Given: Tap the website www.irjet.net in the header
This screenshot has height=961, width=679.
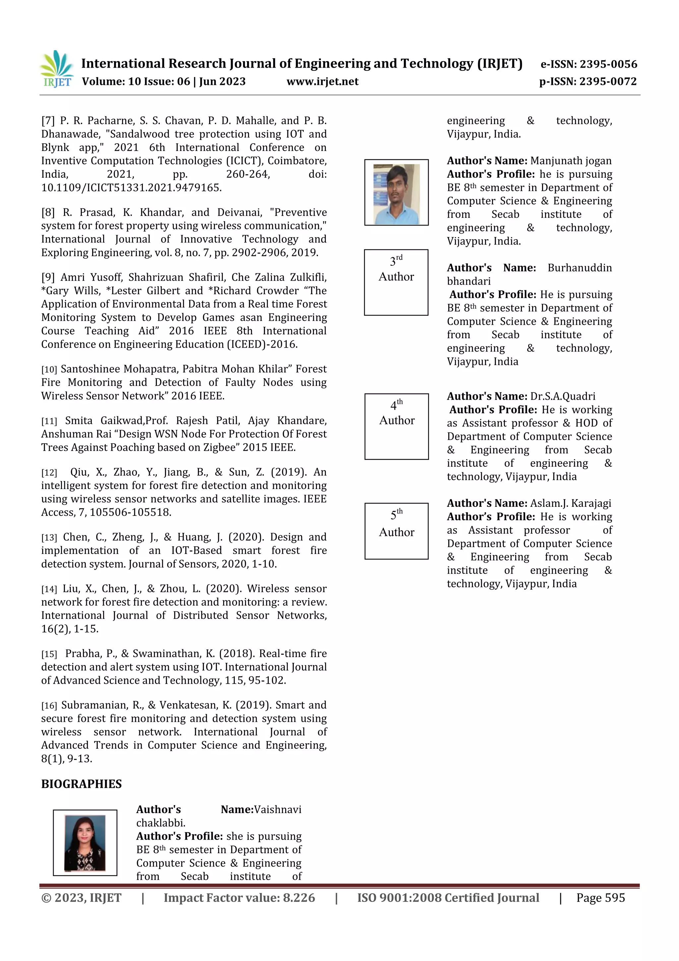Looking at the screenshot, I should click(322, 82).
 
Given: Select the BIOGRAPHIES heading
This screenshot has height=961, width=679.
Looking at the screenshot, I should click(81, 784).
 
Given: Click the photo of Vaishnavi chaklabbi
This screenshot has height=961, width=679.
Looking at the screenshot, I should click(85, 843).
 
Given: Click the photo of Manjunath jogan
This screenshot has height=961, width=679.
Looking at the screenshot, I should click(396, 192).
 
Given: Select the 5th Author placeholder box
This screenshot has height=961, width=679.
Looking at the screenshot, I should click(396, 531).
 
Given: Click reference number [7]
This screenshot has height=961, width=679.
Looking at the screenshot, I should click(48, 121).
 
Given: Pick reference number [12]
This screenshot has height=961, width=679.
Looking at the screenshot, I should click(49, 473).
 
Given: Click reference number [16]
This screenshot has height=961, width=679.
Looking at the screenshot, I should click(49, 706).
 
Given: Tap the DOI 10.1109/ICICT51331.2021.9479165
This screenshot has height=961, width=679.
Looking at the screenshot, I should click(131, 187).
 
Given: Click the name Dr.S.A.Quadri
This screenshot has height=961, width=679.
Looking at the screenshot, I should click(563, 396).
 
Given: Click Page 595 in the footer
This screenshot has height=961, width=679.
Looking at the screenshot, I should click(600, 898).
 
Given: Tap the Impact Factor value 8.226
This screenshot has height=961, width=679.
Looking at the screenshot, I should click(299, 898).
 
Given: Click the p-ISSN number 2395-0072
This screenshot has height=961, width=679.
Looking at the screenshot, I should click(607, 82).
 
